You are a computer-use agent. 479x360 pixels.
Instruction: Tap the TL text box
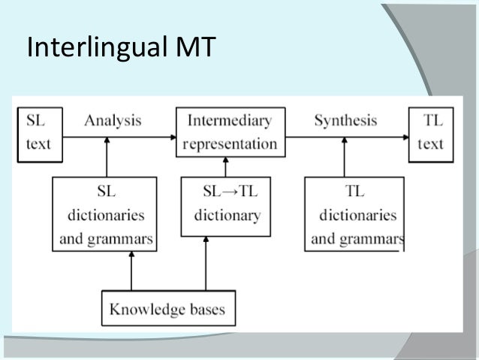430,133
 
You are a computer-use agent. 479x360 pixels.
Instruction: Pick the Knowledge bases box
167,309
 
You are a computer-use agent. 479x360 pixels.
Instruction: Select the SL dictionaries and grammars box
105,215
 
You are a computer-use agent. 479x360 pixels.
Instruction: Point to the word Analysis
113,120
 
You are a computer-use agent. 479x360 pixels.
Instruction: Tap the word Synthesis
345,120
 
